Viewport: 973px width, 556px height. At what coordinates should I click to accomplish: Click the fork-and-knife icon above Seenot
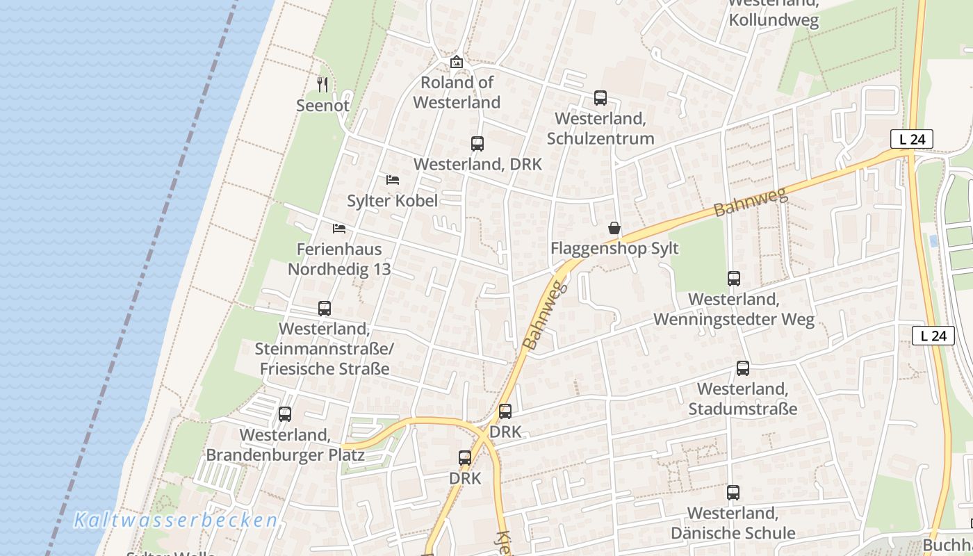(x=322, y=85)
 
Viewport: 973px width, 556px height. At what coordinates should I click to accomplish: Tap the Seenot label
(x=322, y=106)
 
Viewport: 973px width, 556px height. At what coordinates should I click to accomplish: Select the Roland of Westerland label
(x=457, y=92)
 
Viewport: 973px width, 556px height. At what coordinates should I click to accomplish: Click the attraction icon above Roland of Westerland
(x=457, y=62)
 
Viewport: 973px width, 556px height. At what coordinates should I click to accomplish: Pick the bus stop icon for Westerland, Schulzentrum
(x=600, y=98)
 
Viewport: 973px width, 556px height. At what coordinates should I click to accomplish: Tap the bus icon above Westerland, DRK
(x=477, y=144)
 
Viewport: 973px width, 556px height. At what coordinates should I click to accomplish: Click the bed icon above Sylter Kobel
(x=393, y=180)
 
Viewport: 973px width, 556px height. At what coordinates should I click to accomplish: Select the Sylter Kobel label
(x=393, y=201)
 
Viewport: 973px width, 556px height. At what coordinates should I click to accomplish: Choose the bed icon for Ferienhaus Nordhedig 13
(x=339, y=228)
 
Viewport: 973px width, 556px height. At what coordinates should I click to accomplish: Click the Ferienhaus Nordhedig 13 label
(x=339, y=259)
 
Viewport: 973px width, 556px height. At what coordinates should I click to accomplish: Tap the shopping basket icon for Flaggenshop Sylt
(x=614, y=228)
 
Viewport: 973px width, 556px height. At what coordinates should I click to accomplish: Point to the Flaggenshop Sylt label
(x=614, y=249)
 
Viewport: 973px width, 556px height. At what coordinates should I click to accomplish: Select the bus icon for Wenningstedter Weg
(x=734, y=279)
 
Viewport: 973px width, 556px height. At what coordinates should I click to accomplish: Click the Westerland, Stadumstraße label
(x=742, y=399)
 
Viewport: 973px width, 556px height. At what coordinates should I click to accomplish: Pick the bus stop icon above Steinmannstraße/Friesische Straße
(x=325, y=309)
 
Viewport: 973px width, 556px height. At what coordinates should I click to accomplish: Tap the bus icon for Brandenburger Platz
(x=285, y=414)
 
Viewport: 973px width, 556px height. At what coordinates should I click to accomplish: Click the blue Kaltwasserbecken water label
(x=175, y=520)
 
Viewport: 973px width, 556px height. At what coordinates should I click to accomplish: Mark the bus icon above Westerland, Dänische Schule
(x=733, y=493)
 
